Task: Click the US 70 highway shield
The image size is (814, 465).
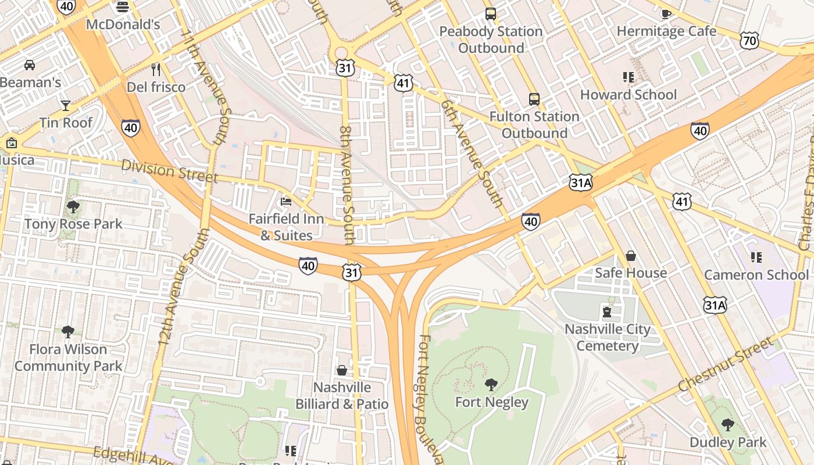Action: pos(749,40)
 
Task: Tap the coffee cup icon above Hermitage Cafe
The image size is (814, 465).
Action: pos(666,13)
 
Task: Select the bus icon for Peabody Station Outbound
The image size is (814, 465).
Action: pos(491,13)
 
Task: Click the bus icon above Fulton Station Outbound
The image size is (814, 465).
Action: pos(534,99)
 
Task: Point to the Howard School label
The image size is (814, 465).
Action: pos(628,95)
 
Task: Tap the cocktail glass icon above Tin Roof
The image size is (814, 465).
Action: pos(66,105)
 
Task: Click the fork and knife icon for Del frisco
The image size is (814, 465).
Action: pos(156,70)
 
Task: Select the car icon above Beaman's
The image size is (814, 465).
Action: pos(29,65)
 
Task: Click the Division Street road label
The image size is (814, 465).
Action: pos(169,171)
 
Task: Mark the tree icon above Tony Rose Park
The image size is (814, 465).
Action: pos(73,206)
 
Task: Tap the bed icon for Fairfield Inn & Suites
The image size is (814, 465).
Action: pos(286,202)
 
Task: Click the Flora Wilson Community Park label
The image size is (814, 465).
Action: pos(68,357)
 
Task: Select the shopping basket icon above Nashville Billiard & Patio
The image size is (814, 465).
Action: pos(342,370)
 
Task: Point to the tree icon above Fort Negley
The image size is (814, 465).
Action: pos(491,384)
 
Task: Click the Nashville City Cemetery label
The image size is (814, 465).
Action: pos(608,338)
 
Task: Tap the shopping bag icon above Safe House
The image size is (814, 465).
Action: pos(630,256)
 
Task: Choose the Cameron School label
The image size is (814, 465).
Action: pos(756,274)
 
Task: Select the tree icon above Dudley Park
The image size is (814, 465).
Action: pos(727,425)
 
